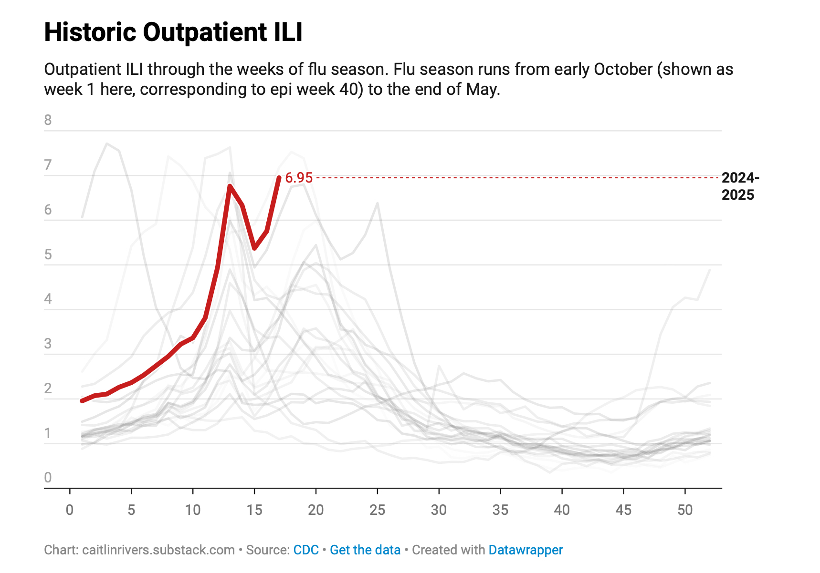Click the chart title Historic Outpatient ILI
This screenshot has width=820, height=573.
tap(173, 32)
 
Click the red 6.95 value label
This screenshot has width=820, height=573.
tap(298, 178)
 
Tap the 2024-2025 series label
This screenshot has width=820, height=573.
tap(739, 186)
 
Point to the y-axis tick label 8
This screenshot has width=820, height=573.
tap(48, 120)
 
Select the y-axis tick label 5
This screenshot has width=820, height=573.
tap(48, 255)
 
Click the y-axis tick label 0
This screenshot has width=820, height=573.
tap(48, 478)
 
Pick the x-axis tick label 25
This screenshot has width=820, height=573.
tap(377, 510)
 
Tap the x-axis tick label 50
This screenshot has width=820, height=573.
tap(685, 510)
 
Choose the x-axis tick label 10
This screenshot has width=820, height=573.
tap(193, 510)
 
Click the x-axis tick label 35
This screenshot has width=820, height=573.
tap(500, 510)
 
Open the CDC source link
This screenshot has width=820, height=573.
tap(306, 550)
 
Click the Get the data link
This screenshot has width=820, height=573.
tap(365, 550)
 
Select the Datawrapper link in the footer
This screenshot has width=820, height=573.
tap(526, 550)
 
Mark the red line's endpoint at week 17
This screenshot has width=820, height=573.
tap(279, 178)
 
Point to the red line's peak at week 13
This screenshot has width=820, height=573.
tap(230, 186)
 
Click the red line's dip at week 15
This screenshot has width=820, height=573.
tap(254, 248)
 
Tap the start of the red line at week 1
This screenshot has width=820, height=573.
tap(82, 401)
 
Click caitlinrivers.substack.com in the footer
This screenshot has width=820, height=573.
tap(158, 550)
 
